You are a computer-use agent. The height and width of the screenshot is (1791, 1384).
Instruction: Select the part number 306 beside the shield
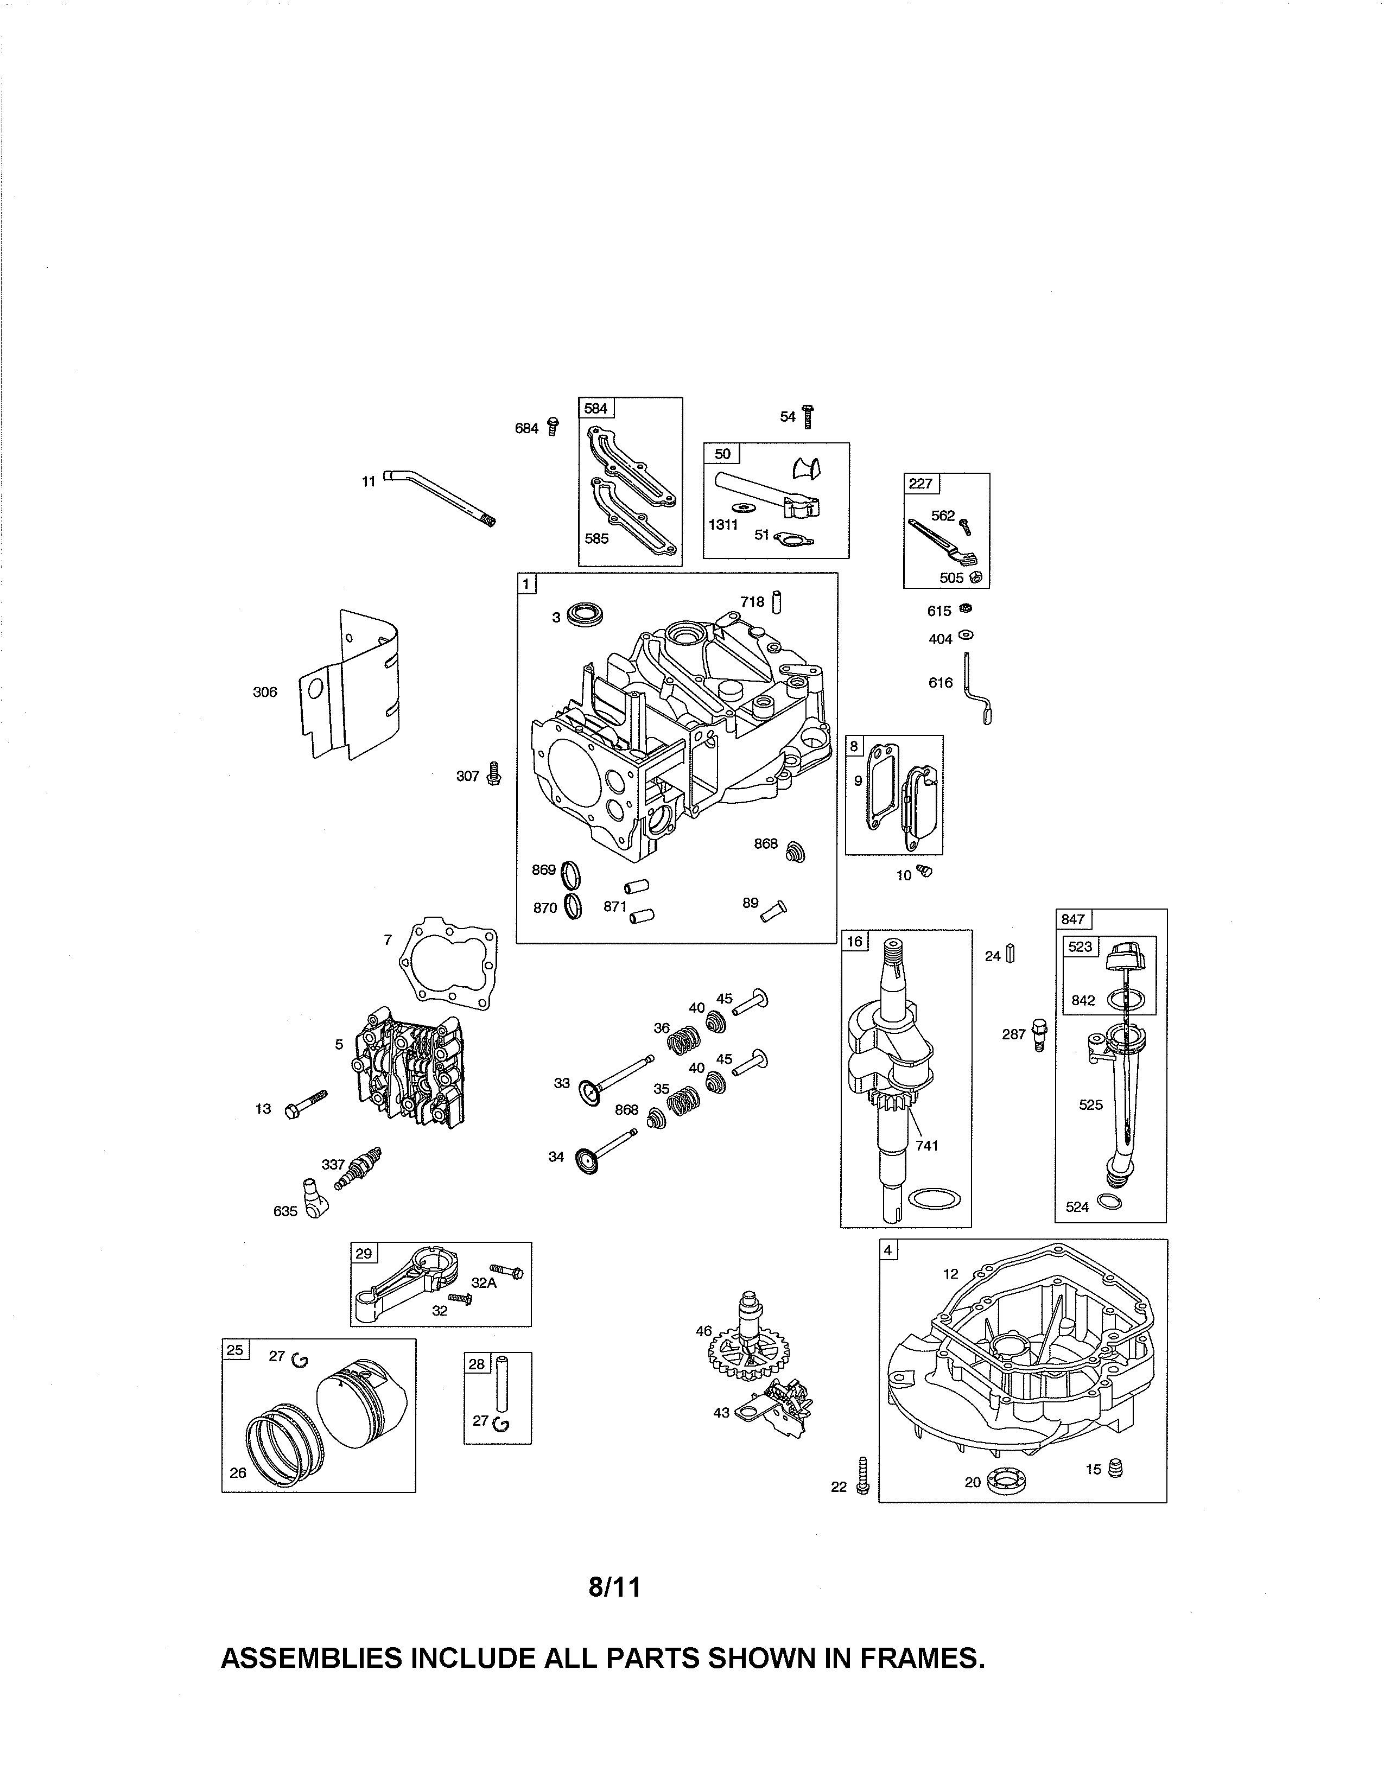pyautogui.click(x=265, y=692)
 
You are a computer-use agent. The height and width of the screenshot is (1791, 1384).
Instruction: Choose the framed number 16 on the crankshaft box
pyautogui.click(x=854, y=941)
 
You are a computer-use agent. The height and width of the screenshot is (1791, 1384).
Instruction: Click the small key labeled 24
pyautogui.click(x=1011, y=955)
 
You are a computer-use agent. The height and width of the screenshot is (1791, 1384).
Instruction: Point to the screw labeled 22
pyautogui.click(x=862, y=1476)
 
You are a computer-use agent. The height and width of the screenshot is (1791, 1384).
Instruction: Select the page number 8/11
pyautogui.click(x=614, y=1589)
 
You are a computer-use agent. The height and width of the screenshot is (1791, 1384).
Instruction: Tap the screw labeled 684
pyautogui.click(x=553, y=427)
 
